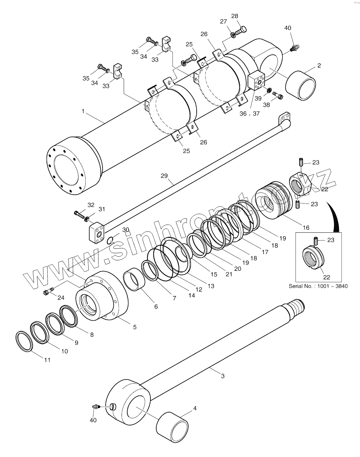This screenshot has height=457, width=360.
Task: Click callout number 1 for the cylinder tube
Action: click(x=83, y=111)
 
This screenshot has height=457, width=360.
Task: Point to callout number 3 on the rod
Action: click(x=222, y=376)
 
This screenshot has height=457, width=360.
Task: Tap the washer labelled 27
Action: click(x=233, y=35)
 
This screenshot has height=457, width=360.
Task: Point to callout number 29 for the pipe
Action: click(x=164, y=176)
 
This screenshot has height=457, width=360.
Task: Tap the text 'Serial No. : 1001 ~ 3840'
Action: click(x=318, y=286)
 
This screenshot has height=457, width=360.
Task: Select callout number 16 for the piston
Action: click(x=306, y=227)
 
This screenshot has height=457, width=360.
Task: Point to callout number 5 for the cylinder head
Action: click(x=135, y=327)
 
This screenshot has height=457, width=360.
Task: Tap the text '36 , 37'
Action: click(x=249, y=113)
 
